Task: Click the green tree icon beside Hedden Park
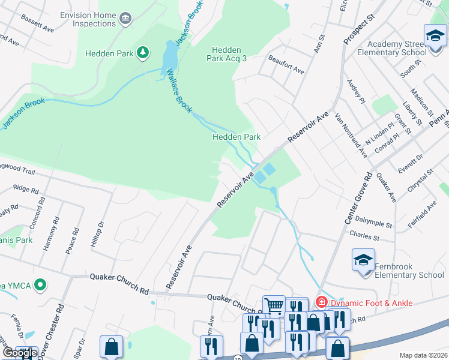click(143, 53)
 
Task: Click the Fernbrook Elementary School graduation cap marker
click(363, 260)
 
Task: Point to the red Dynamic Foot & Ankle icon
click(322, 302)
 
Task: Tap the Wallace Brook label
click(178, 91)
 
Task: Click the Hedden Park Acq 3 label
click(227, 54)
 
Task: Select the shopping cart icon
click(274, 306)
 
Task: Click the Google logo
click(19, 353)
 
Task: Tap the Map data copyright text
click(423, 355)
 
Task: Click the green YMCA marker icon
click(40, 284)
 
